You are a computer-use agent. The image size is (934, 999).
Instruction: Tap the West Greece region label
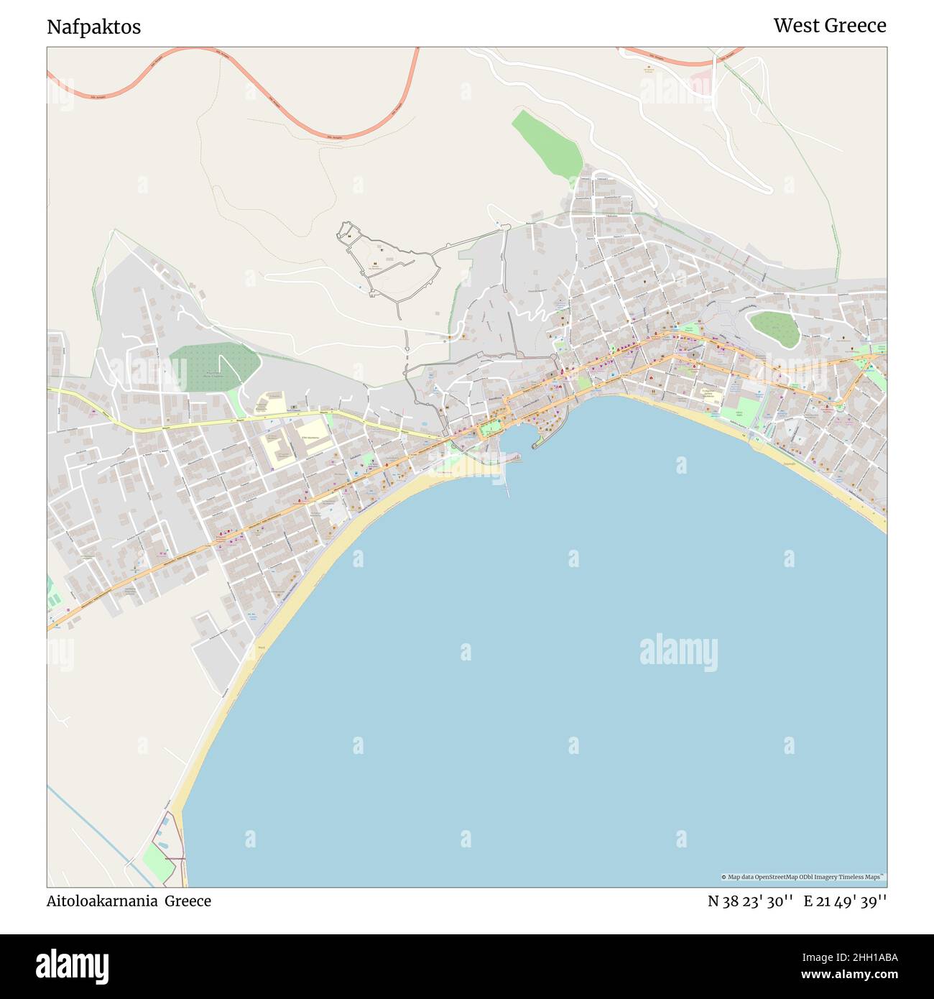point(829,26)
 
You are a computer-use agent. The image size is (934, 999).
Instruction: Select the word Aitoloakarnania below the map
point(102,901)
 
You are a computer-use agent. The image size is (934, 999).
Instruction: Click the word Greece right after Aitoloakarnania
point(188,901)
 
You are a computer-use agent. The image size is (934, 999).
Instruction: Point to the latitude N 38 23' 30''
point(750,901)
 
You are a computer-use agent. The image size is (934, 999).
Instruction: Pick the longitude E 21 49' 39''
point(845,901)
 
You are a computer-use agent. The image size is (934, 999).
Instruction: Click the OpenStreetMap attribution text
point(803,877)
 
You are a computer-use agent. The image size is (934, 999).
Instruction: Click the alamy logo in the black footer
point(73,965)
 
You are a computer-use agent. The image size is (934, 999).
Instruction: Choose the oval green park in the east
point(775,328)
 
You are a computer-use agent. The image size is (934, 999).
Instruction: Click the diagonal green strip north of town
point(547,144)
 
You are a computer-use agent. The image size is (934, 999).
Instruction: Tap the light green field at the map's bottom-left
point(158,862)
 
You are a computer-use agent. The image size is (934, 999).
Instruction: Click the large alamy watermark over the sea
point(678,652)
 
